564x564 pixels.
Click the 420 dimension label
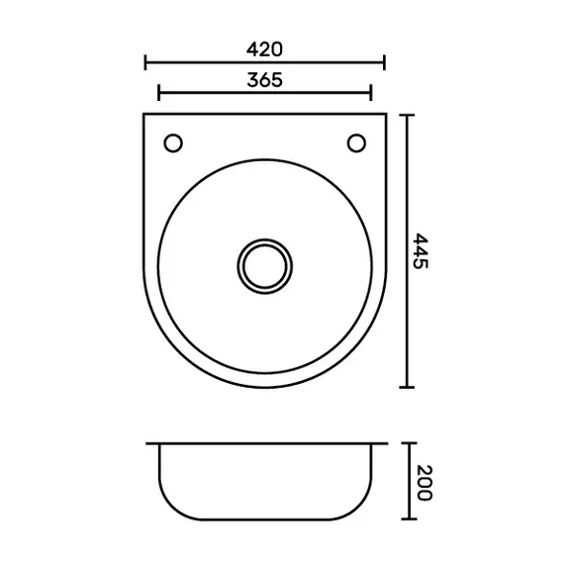(x=264, y=49)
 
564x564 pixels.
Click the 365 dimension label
(x=265, y=80)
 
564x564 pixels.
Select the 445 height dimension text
(x=420, y=251)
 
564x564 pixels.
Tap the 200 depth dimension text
(x=424, y=483)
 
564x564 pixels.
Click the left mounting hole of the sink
(x=173, y=143)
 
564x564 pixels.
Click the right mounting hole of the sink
(x=356, y=143)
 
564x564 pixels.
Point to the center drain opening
(x=265, y=266)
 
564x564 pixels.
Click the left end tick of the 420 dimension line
(x=145, y=62)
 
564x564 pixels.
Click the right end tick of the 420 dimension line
(x=385, y=62)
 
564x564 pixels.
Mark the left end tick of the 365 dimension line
(x=158, y=93)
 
